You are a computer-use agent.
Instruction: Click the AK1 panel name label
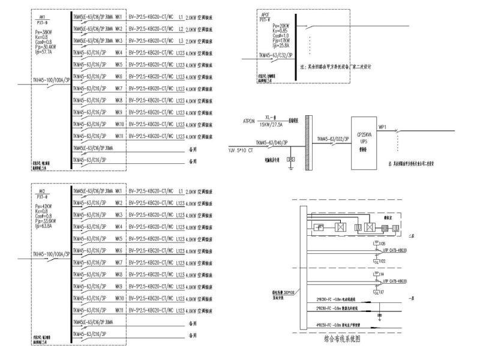click(41, 18)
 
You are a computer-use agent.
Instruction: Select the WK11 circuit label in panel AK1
click(119, 137)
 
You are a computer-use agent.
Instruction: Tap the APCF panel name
click(265, 13)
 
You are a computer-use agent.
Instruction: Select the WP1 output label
click(382, 127)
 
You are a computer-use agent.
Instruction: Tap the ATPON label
click(248, 121)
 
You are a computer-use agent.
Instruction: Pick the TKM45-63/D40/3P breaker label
click(274, 143)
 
